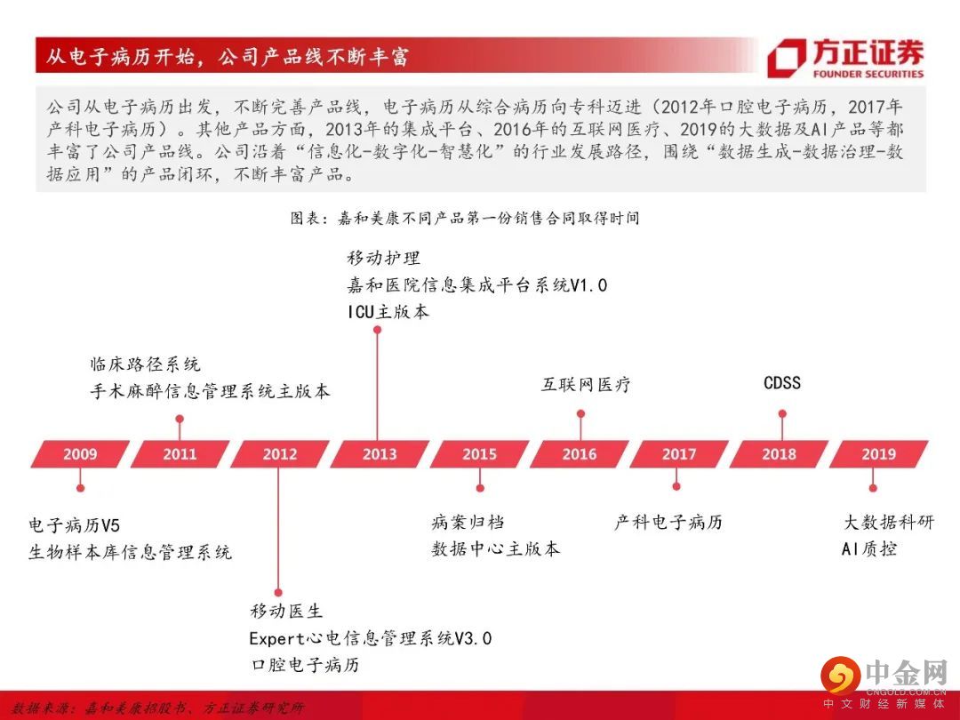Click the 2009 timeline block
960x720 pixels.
click(80, 454)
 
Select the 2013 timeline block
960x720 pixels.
click(380, 454)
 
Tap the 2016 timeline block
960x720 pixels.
click(580, 454)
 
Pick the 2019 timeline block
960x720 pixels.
click(878, 454)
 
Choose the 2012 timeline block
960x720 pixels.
click(280, 454)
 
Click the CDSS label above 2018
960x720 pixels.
click(782, 383)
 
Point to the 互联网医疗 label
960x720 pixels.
click(586, 385)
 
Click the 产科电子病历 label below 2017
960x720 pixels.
click(668, 523)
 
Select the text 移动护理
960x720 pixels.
click(384, 258)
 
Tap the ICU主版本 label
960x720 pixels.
click(388, 312)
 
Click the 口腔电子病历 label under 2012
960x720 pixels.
click(306, 665)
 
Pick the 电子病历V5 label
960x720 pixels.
click(74, 525)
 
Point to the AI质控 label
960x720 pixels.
click(869, 548)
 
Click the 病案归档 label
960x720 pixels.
click(468, 523)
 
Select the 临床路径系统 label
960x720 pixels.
click(145, 364)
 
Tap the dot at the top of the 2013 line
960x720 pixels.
click(377, 330)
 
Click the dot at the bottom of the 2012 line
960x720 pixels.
click(278, 592)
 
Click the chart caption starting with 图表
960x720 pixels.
click(465, 218)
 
